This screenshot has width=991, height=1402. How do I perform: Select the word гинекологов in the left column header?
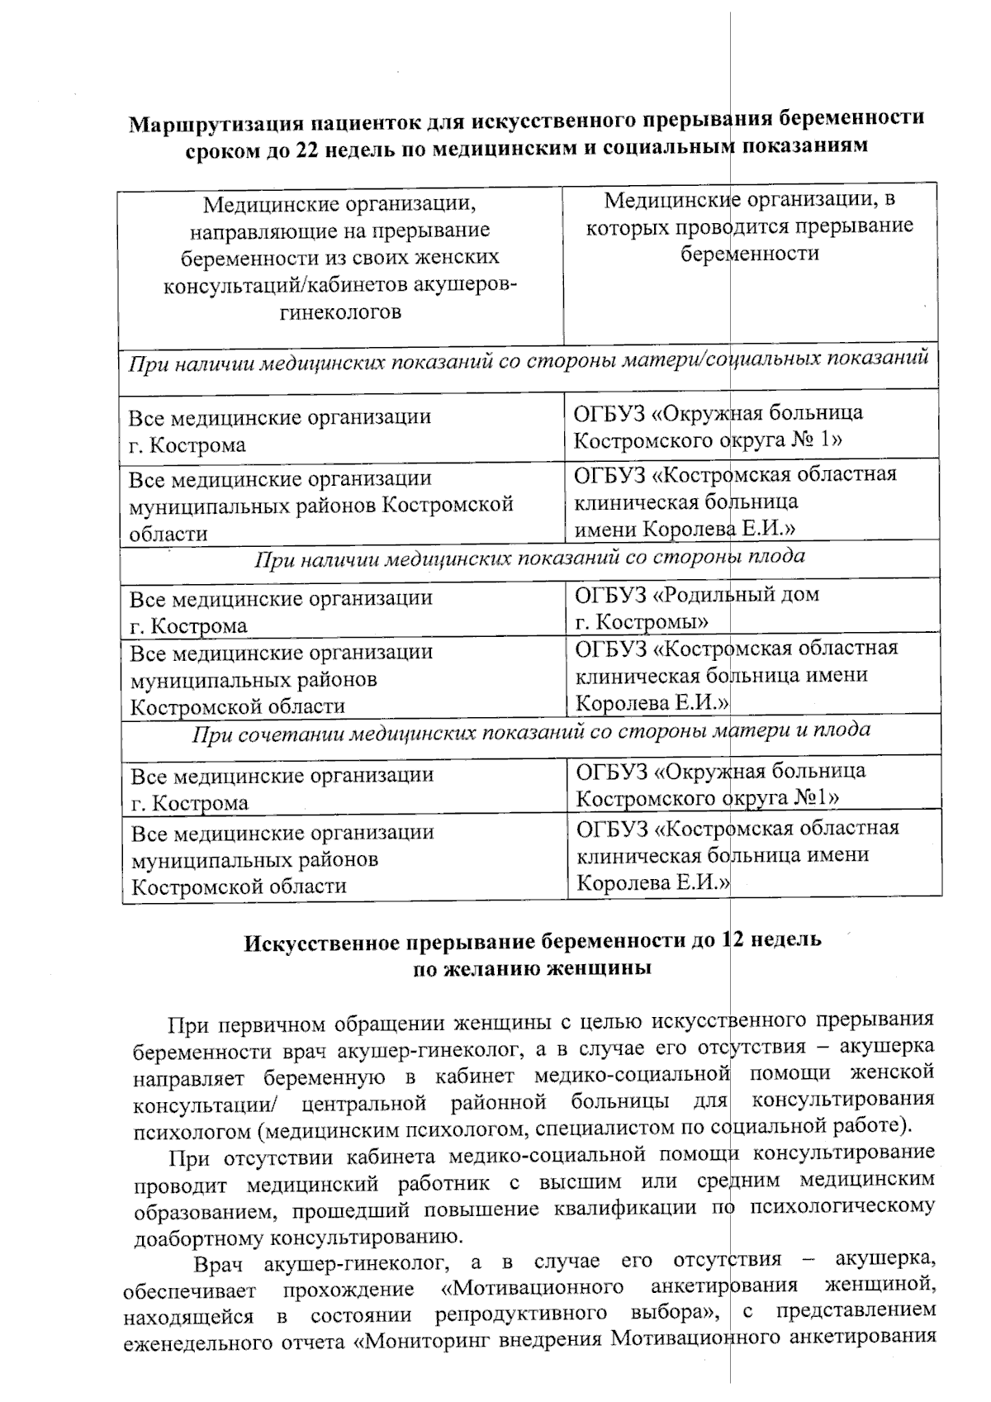point(340,312)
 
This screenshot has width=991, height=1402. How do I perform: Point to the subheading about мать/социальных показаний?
point(529,361)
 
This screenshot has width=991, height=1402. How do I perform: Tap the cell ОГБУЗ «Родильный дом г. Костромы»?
point(697,607)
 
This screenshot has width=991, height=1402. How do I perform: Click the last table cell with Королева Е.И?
point(652,883)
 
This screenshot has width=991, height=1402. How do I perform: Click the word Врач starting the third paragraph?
point(218,1264)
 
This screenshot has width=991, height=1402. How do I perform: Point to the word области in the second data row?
point(168,534)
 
